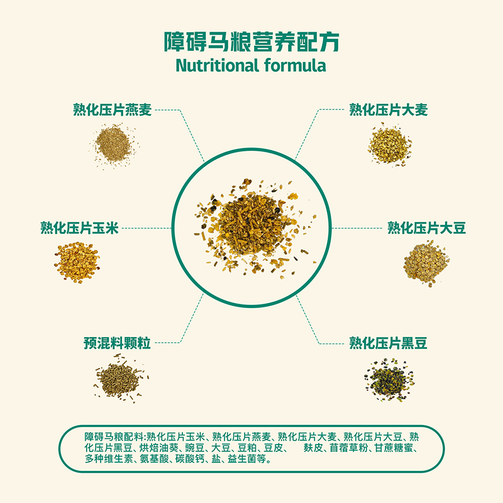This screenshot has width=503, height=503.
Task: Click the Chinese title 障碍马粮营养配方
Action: click(x=251, y=41)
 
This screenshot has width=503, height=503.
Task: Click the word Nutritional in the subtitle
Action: click(x=217, y=65)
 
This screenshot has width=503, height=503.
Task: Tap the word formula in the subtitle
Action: click(x=295, y=65)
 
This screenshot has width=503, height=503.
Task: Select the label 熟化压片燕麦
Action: click(x=113, y=109)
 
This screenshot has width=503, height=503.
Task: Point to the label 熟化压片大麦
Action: click(x=388, y=109)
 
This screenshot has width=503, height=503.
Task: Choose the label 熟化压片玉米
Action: click(x=80, y=228)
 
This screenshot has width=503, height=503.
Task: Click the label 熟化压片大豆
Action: click(x=427, y=228)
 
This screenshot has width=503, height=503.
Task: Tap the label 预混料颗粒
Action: click(x=117, y=343)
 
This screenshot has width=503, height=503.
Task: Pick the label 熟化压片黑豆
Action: click(x=388, y=343)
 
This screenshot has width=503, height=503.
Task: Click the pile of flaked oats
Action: click(x=114, y=146)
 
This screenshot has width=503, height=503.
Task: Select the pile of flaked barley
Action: click(x=390, y=145)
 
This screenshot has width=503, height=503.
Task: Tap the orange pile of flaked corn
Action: click(x=77, y=263)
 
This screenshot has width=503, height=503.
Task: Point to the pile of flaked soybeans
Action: click(x=427, y=263)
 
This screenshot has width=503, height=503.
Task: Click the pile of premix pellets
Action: click(x=120, y=379)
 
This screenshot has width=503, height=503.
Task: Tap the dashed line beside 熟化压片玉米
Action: click(x=147, y=228)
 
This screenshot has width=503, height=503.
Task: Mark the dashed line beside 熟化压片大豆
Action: click(x=357, y=228)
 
